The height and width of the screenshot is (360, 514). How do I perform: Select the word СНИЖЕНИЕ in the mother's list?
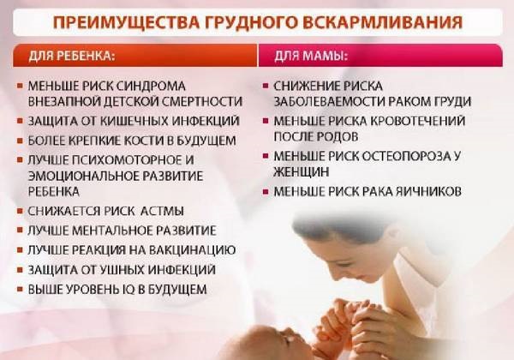[x=311, y=87]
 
